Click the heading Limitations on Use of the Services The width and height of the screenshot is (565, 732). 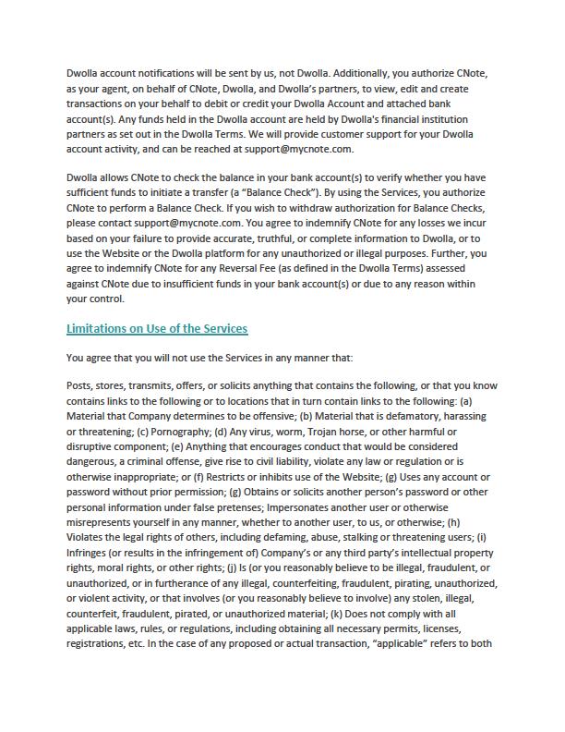(157, 329)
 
